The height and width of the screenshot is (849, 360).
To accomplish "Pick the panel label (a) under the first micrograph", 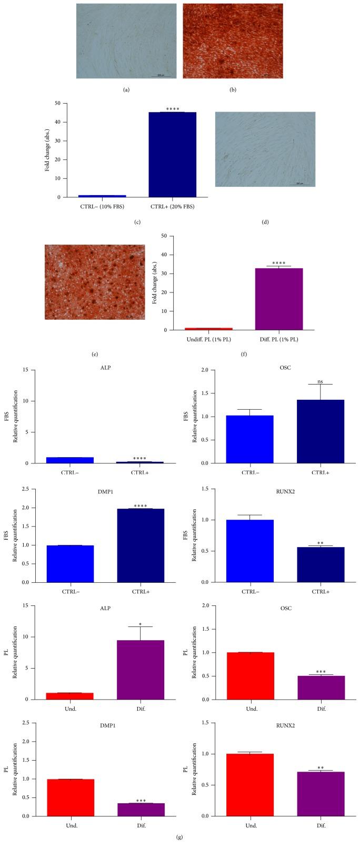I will pyautogui.click(x=126, y=89).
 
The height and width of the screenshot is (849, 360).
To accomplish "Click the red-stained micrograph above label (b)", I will pyautogui.click(x=233, y=41).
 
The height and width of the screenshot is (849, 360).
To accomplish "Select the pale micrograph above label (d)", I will pyautogui.click(x=265, y=149).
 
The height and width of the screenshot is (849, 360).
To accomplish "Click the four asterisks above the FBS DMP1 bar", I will pyautogui.click(x=141, y=506).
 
